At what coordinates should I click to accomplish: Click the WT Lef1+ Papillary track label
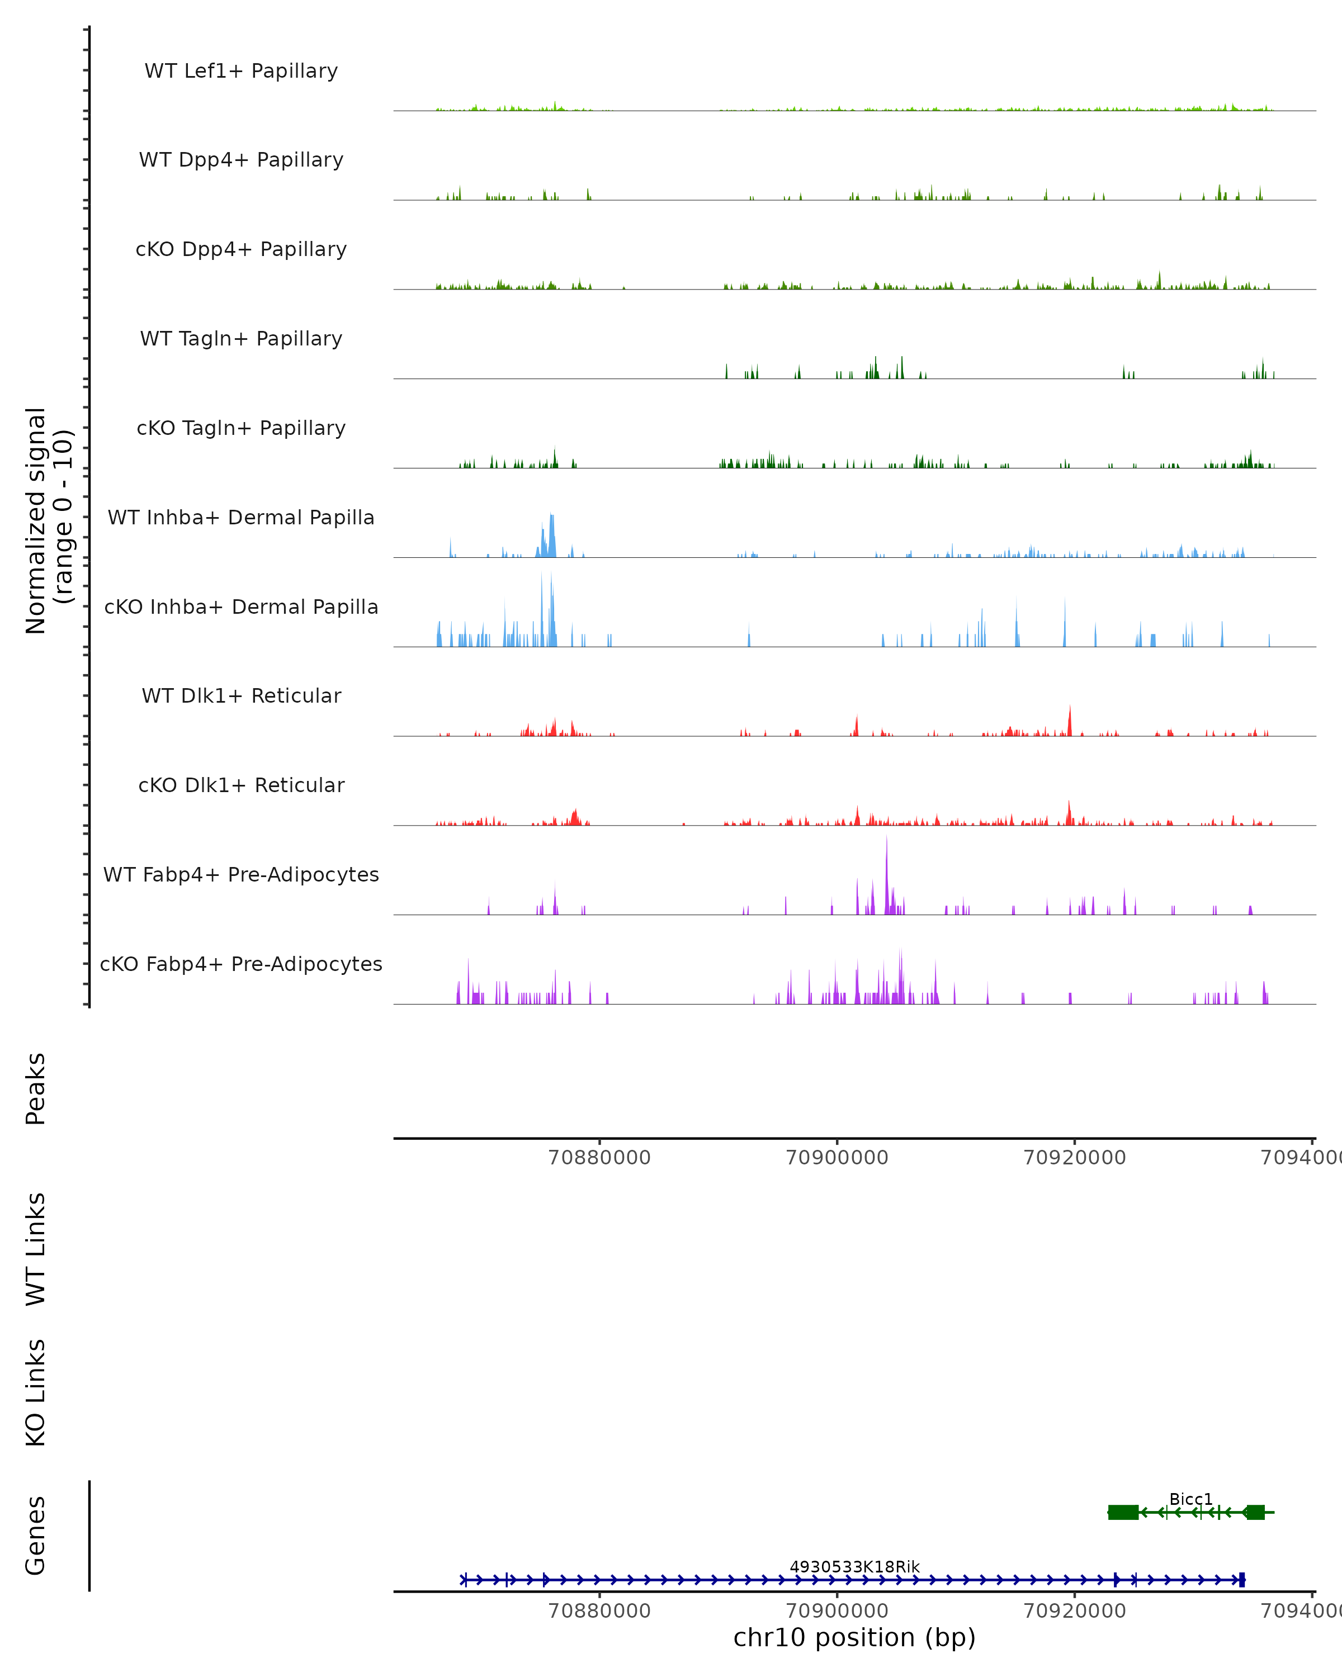click(241, 71)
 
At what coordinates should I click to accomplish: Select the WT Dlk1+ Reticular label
click(241, 695)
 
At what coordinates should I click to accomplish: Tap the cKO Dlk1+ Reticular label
click(241, 785)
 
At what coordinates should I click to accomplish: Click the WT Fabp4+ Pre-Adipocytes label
click(241, 874)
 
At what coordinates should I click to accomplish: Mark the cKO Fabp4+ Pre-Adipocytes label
click(241, 964)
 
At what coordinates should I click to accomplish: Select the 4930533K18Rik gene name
click(854, 1566)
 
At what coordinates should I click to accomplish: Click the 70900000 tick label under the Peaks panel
click(837, 1158)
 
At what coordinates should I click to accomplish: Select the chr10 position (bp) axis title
click(854, 1637)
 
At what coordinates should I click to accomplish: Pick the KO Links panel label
click(36, 1392)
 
